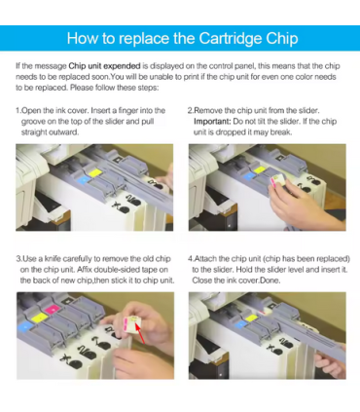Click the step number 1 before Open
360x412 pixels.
pos(18,111)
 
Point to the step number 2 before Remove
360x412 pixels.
pos(190,111)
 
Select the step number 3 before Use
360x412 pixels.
pos(18,258)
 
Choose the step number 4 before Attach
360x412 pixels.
pos(190,258)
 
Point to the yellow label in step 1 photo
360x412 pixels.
pos(94,171)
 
